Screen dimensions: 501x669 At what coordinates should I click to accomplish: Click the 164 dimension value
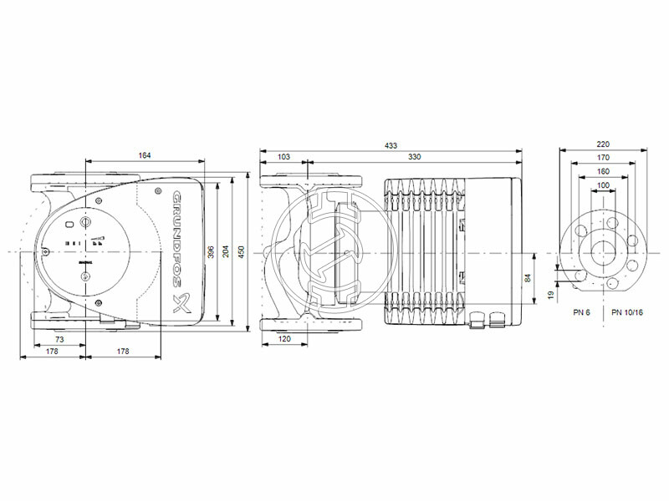[146, 155]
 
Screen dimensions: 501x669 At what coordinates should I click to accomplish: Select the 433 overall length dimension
[391, 146]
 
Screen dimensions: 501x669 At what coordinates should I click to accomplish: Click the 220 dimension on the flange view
[604, 144]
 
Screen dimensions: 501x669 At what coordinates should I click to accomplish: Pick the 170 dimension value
[604, 157]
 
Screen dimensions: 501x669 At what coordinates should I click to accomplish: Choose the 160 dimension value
[604, 170]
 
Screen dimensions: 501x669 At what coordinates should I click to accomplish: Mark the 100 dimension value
[604, 184]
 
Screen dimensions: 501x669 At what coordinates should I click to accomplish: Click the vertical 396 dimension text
[212, 251]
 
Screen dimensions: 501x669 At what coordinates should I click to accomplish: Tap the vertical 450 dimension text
[243, 251]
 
